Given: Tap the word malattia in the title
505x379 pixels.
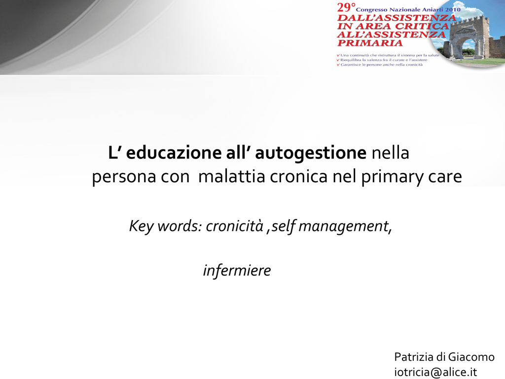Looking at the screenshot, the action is pyautogui.click(x=232, y=176).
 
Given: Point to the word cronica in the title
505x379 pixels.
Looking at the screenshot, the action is pyautogui.click(x=299, y=177).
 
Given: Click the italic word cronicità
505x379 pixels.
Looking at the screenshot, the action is pyautogui.click(x=234, y=226).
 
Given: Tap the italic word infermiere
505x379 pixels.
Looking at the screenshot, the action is pyautogui.click(x=237, y=270).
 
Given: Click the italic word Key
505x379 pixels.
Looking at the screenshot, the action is pyautogui.click(x=142, y=227).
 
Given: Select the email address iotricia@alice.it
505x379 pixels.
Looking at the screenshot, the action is pyautogui.click(x=435, y=372).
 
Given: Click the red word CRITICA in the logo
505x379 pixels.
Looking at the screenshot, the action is pyautogui.click(x=422, y=26).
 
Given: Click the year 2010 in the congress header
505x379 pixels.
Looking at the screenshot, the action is pyautogui.click(x=453, y=10).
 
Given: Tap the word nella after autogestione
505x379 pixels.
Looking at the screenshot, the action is pyautogui.click(x=391, y=153).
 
